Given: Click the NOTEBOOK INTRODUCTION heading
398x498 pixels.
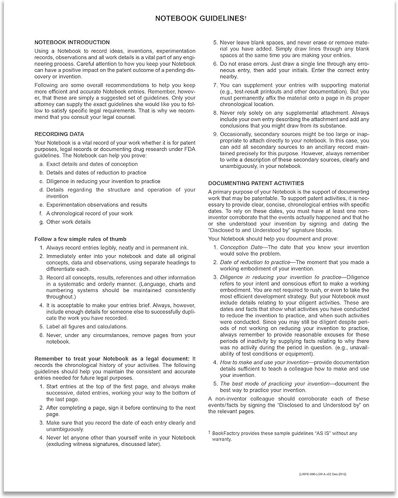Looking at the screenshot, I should [72, 42].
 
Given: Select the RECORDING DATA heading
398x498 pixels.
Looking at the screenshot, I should [60, 134].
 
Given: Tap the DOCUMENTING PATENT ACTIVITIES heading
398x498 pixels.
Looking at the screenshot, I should [256, 183].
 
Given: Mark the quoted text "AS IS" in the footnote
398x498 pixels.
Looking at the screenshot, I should [332, 432].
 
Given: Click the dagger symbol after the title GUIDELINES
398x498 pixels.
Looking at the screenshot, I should [245, 18].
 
